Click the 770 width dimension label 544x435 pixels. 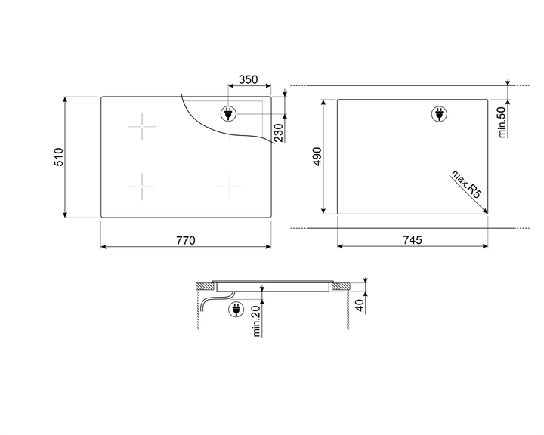point(186,240)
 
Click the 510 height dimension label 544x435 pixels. point(59,157)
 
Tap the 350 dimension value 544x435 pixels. point(249,79)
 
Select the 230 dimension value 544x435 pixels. point(279,133)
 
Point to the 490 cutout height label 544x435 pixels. point(317,156)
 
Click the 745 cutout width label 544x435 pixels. point(413,239)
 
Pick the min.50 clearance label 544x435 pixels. point(502,122)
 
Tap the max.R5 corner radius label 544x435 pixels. point(467,184)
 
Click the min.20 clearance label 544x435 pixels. point(256,321)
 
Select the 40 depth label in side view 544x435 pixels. point(360,305)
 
